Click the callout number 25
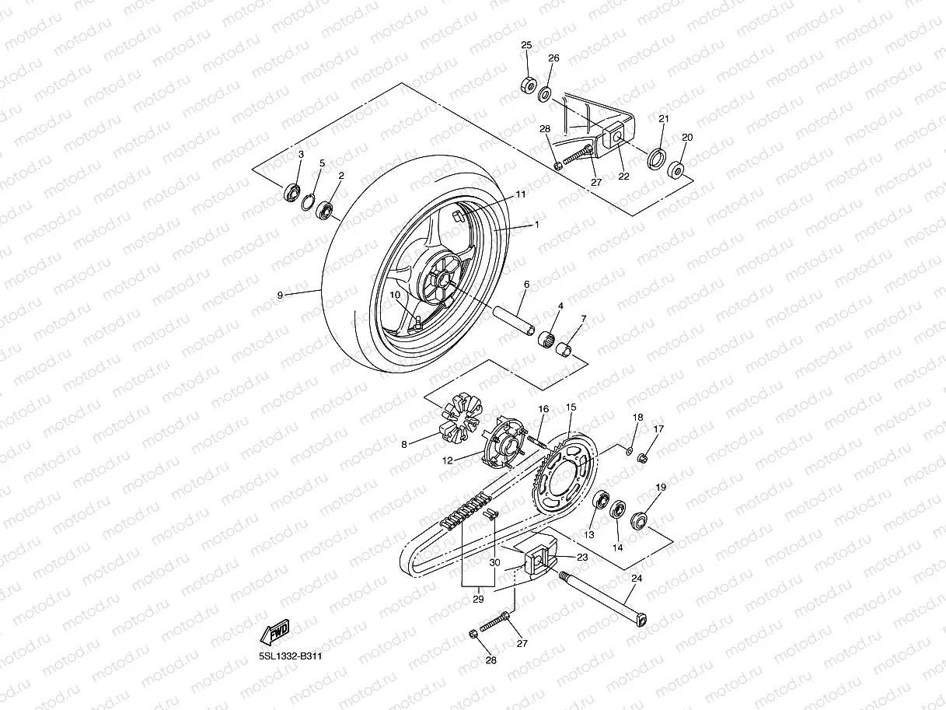[x=526, y=46]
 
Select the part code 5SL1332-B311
[x=290, y=656]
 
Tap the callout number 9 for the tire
[x=281, y=295]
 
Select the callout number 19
[x=661, y=488]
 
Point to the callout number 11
[x=521, y=194]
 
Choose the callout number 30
[x=495, y=562]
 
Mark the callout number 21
[x=663, y=119]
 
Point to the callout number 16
[x=543, y=409]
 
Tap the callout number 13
[x=588, y=535]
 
